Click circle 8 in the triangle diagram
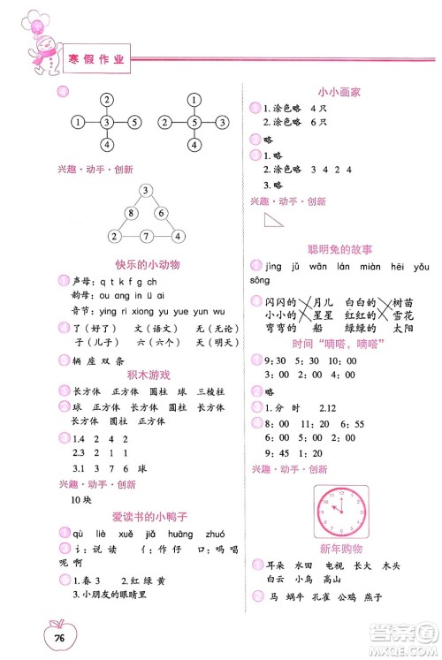coord(131,213)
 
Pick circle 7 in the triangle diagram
coord(147,236)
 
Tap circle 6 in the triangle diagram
coord(162,213)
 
